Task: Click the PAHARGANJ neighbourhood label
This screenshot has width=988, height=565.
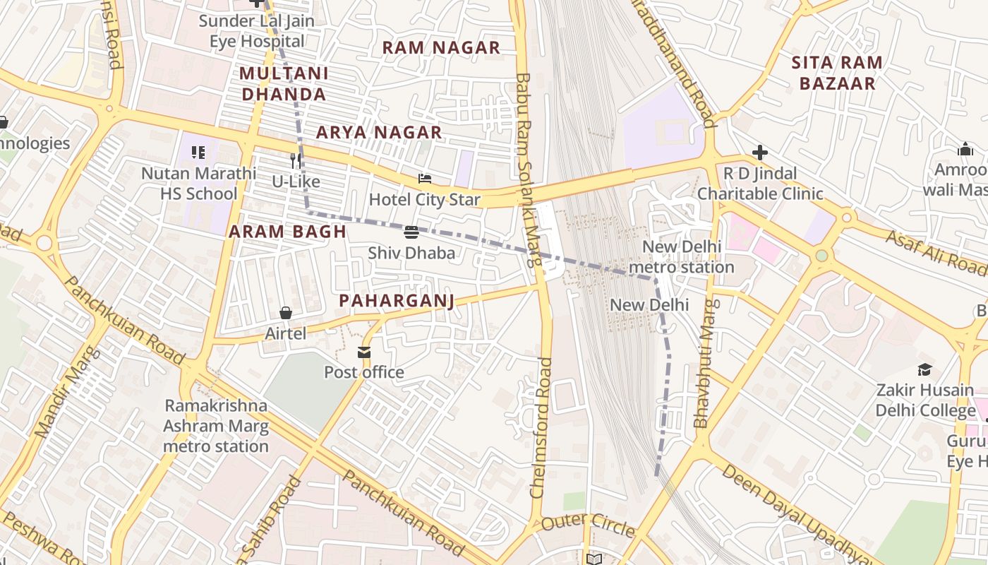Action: [x=396, y=301]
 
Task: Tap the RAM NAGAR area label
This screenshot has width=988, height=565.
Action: [x=441, y=48]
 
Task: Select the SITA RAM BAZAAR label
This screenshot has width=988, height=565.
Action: [x=836, y=73]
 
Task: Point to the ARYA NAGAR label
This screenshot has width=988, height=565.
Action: [x=379, y=132]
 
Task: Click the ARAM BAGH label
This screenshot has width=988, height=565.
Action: [x=287, y=232]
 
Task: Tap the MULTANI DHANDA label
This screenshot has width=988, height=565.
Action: [x=283, y=83]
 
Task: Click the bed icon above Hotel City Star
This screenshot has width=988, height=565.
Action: [x=424, y=179]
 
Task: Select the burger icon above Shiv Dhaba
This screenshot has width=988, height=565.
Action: [x=411, y=232]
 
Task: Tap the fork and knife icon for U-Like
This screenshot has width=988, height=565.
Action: [x=296, y=161]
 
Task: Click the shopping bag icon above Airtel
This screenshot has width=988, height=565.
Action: [x=286, y=313]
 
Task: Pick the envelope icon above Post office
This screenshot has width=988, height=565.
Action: [x=364, y=352]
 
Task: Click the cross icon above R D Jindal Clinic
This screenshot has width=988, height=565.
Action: [x=759, y=153]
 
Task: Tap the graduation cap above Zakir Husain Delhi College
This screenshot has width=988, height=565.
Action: [x=924, y=369]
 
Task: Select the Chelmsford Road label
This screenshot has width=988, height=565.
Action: [x=542, y=427]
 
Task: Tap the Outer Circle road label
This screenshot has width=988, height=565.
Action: [x=589, y=526]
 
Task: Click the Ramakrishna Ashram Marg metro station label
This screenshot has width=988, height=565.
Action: [x=216, y=426]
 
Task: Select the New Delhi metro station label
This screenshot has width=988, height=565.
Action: [x=681, y=257]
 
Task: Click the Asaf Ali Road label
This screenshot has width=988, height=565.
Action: [x=936, y=253]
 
